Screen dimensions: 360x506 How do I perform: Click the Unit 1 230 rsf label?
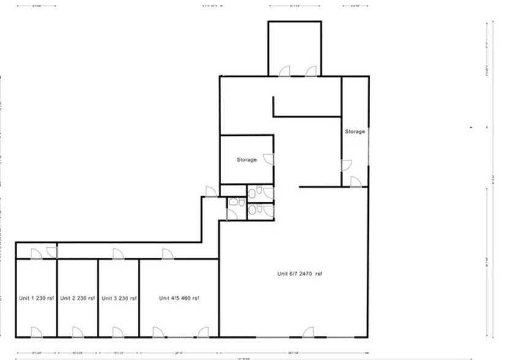tap(36, 298)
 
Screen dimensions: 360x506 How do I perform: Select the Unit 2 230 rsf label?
tap(77, 298)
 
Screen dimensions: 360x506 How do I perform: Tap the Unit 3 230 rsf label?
tap(118, 298)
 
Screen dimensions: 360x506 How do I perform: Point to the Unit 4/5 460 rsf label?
tap(179, 298)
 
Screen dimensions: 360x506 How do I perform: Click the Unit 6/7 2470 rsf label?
tap(300, 274)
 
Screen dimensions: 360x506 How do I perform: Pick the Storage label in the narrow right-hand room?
tap(355, 132)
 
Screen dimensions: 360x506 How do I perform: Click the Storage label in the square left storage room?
tap(247, 160)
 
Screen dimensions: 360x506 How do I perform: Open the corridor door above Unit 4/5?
tap(167, 253)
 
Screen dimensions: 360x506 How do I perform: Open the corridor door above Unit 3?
tap(116, 253)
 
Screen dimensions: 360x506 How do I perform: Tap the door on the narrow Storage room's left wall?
tap(347, 165)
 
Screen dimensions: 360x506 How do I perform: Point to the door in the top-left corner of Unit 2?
tap(52, 252)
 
